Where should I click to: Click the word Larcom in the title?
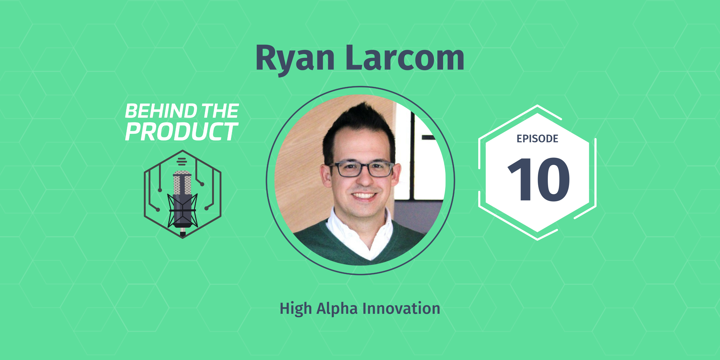[405, 58]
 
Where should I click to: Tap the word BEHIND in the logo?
[160, 111]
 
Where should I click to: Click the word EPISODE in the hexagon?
[537, 139]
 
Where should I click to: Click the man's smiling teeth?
[364, 196]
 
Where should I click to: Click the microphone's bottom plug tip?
[183, 234]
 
